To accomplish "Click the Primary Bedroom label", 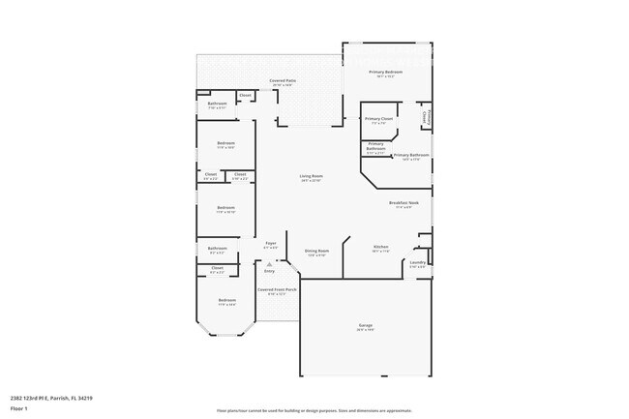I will pyautogui.click(x=385, y=73).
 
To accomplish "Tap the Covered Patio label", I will pyautogui.click(x=283, y=81).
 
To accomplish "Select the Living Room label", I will pyautogui.click(x=311, y=176).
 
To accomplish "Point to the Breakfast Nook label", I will pyautogui.click(x=404, y=202).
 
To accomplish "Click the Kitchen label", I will pyautogui.click(x=380, y=248).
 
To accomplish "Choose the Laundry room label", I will pyautogui.click(x=418, y=261).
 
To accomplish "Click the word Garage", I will pyautogui.click(x=365, y=325).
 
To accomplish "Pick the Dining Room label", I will pyautogui.click(x=317, y=251).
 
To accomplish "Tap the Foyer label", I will pyautogui.click(x=272, y=243).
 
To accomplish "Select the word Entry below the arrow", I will pyautogui.click(x=270, y=271).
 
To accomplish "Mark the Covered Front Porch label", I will pyautogui.click(x=277, y=289).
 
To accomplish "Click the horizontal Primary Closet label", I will pyautogui.click(x=379, y=119).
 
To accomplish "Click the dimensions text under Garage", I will pyautogui.click(x=365, y=330).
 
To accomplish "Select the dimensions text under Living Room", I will pyautogui.click(x=311, y=181).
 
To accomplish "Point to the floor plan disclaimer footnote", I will pyautogui.click(x=314, y=409).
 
